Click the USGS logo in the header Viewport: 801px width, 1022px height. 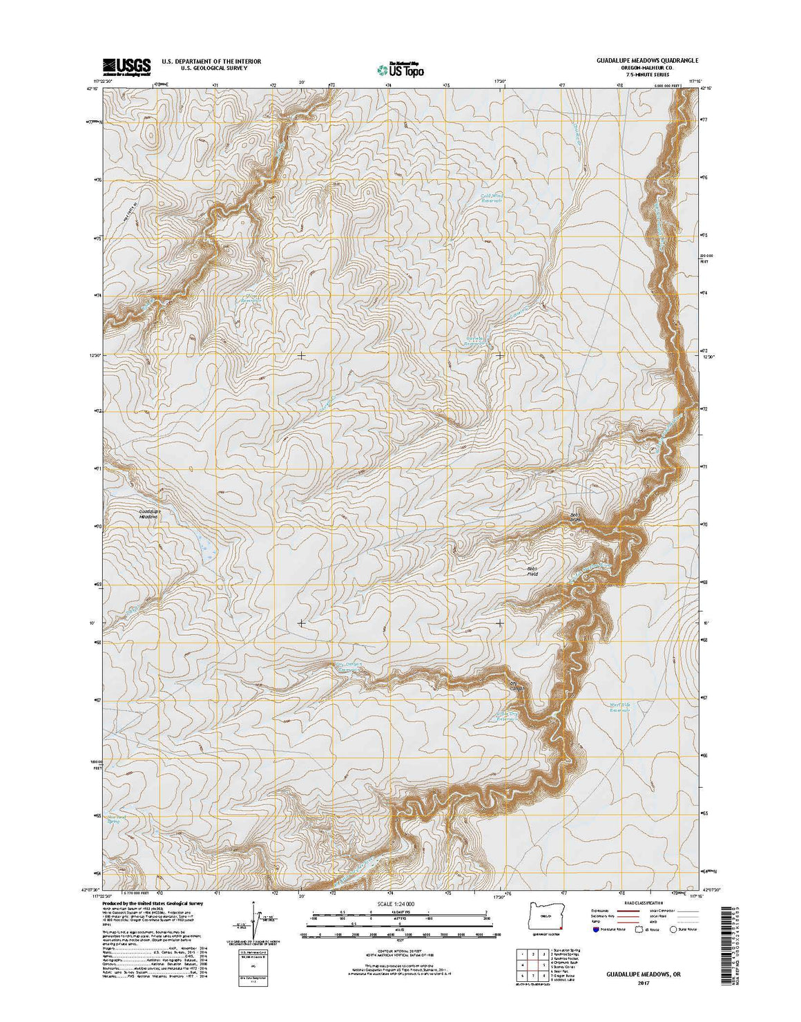pyautogui.click(x=126, y=66)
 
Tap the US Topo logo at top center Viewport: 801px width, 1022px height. pyautogui.click(x=400, y=68)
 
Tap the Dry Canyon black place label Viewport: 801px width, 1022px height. pyautogui.click(x=517, y=686)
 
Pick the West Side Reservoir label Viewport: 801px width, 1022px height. pyautogui.click(x=619, y=707)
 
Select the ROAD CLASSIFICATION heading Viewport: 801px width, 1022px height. pyautogui.click(x=644, y=902)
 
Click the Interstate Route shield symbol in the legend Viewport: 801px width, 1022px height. pyautogui.click(x=595, y=929)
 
